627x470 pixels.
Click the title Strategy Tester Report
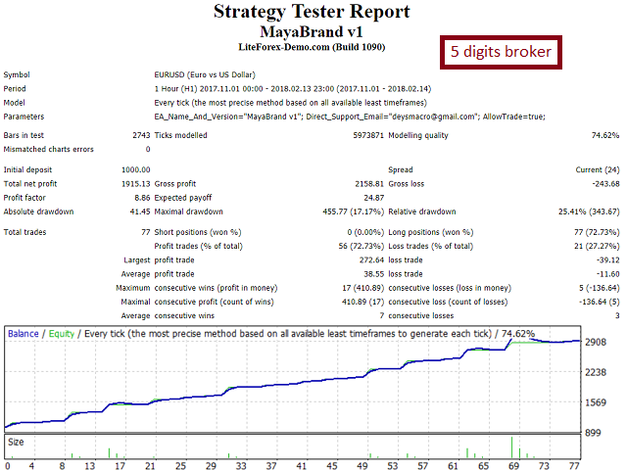312,13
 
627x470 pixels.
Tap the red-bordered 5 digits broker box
501,51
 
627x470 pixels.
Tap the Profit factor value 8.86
139,197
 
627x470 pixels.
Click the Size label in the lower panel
17,442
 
